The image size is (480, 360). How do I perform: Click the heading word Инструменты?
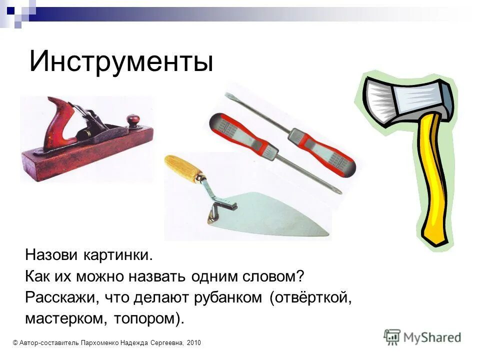pyautogui.click(x=121, y=61)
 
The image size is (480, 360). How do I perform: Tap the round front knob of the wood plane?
pyautogui.click(x=133, y=120)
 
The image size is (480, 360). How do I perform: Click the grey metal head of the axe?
pyautogui.click(x=407, y=98)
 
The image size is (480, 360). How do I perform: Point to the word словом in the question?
pyautogui.click(x=270, y=276)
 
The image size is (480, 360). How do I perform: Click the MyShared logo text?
pyautogui.click(x=432, y=337)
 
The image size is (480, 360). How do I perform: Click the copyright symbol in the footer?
pyautogui.click(x=15, y=342)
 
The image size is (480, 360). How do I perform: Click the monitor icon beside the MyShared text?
pyautogui.click(x=392, y=337)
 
